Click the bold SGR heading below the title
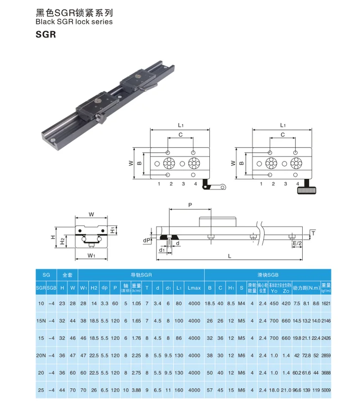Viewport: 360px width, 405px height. (46, 35)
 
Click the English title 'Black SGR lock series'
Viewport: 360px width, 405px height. (74, 22)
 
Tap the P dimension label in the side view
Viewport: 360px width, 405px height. (189, 204)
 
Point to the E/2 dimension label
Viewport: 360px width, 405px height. (296, 243)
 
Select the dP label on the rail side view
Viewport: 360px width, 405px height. (147, 241)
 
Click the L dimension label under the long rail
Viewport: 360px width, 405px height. (230, 255)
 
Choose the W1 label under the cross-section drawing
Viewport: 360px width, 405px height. (91, 255)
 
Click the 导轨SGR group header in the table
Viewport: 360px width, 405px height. (141, 274)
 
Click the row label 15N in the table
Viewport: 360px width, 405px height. (41, 321)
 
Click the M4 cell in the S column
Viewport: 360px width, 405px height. (241, 303)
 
